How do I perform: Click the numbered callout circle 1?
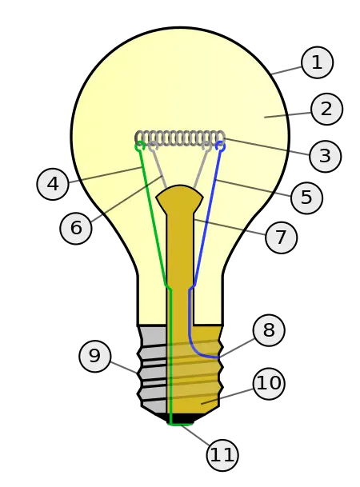click(x=317, y=62)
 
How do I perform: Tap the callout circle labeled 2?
click(x=326, y=109)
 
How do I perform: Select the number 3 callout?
click(x=324, y=156)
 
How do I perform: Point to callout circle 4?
click(x=53, y=184)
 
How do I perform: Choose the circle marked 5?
click(x=306, y=198)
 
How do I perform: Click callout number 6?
click(x=76, y=228)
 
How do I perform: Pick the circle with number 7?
click(x=280, y=238)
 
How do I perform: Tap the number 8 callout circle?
click(x=268, y=329)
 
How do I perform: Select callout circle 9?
click(x=94, y=356)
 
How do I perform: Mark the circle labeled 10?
click(x=269, y=384)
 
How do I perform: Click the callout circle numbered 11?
click(x=222, y=455)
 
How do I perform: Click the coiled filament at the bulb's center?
click(x=179, y=138)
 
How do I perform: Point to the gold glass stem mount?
click(x=180, y=240)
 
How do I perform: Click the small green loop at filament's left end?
click(x=140, y=146)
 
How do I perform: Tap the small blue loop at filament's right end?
click(x=222, y=146)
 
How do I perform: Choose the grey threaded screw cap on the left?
click(x=152, y=368)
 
